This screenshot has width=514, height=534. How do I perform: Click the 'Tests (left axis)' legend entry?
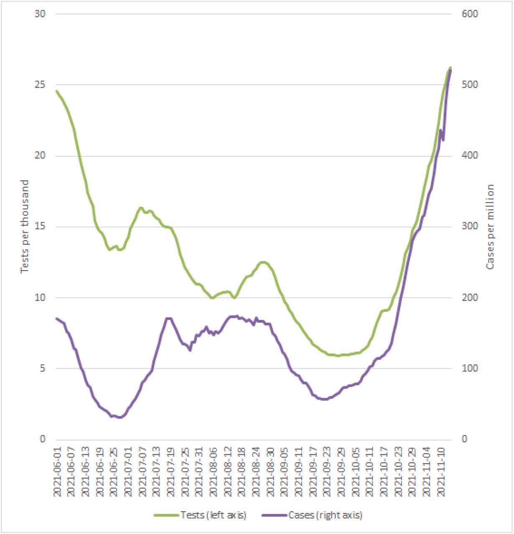coord(201,515)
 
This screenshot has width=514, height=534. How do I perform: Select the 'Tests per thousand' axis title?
coord(25,226)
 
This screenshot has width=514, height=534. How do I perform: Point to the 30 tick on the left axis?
coord(40,14)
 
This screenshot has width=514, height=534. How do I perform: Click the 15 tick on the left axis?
coord(40,227)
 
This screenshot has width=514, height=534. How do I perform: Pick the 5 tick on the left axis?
coord(42,369)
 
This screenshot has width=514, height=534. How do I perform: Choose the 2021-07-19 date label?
coord(171,471)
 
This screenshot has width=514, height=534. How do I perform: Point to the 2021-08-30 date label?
coord(270,471)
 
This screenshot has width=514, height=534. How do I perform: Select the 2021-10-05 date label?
coord(356,471)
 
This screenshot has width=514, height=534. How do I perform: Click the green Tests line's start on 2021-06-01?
coord(56,91)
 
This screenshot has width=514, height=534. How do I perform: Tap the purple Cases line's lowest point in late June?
coord(120,417)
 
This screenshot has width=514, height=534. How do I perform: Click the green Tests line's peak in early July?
coord(141,208)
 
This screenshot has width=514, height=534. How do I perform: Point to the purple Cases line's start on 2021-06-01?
coord(56,318)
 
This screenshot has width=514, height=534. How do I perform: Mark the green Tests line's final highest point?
coord(450,67)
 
